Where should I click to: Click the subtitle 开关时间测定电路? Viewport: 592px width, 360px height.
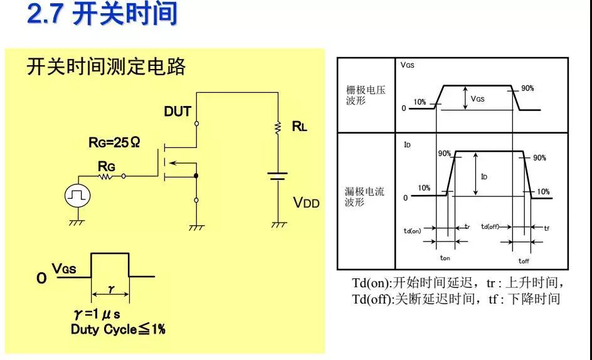tap(106, 66)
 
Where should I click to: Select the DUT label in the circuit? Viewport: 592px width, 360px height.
tap(177, 112)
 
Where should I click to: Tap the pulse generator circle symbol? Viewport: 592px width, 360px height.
tap(78, 196)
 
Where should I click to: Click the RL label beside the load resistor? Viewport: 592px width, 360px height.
tap(300, 127)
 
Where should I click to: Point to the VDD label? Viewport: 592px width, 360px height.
tap(307, 203)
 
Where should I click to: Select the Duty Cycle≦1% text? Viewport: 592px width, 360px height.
tap(118, 329)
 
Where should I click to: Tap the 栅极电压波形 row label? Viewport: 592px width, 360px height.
tap(366, 95)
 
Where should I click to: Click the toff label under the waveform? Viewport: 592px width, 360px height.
tap(524, 260)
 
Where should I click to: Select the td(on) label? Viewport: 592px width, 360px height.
tap(412, 231)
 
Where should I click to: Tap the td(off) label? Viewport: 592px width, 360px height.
tap(490, 226)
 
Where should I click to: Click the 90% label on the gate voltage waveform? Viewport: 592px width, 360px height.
tap(527, 88)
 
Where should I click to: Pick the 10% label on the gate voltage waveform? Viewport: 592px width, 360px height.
tap(420, 102)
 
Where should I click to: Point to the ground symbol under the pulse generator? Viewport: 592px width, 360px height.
tap(78, 221)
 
